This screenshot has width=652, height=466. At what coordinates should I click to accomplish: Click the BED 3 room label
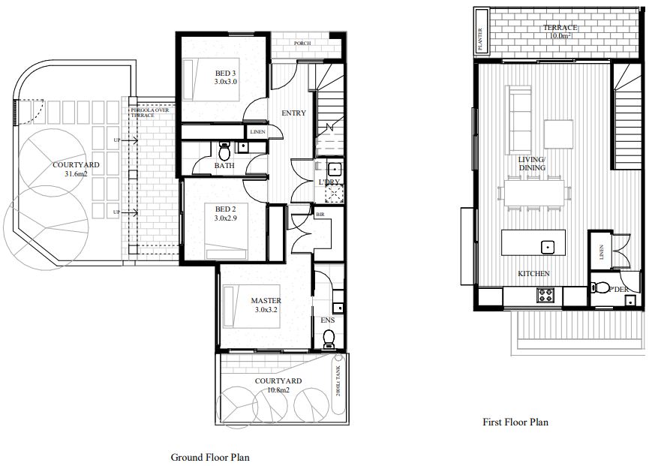pos(225,73)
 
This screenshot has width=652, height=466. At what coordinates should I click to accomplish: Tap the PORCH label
pos(302,44)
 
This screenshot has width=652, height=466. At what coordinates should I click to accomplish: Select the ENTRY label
pos(293,113)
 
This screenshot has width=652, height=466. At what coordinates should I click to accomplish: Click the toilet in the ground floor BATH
pos(224,147)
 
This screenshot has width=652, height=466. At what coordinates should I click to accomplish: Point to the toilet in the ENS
pos(328,341)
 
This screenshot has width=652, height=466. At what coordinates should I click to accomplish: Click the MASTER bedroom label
pos(266,301)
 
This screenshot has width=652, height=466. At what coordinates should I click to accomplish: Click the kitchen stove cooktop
pos(545,296)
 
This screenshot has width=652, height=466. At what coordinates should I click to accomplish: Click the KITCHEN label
pos(534,274)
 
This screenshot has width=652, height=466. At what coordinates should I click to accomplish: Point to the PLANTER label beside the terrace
pos(481,31)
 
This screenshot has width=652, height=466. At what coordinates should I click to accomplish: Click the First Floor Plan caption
pos(515,422)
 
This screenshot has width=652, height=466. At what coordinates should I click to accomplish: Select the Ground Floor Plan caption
pos(209,457)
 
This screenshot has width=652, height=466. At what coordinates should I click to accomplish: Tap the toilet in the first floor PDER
pos(599,287)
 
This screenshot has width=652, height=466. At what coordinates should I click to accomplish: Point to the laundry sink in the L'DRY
pos(334,169)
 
